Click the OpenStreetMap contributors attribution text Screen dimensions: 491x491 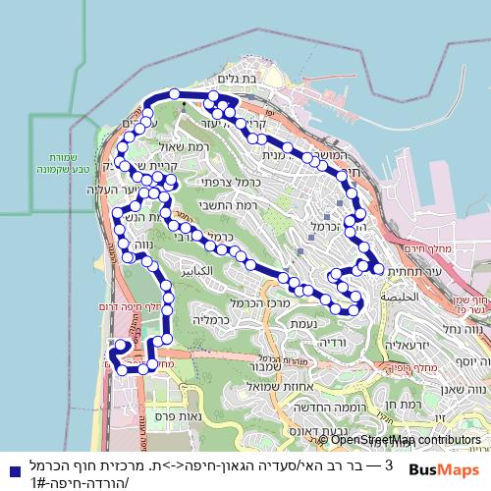403,440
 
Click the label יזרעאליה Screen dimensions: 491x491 410,346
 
